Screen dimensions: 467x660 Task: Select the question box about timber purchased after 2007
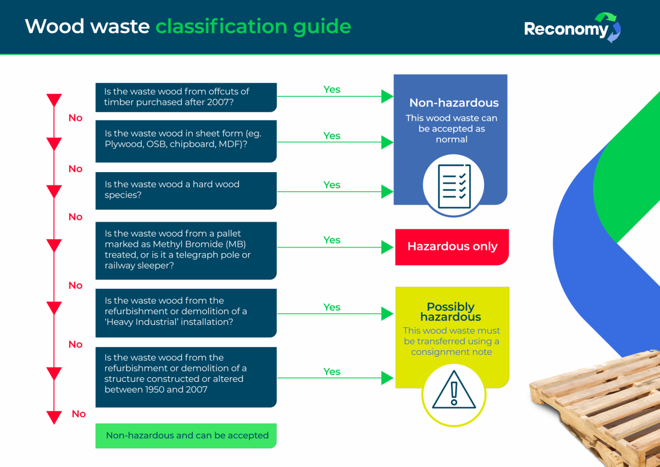186,97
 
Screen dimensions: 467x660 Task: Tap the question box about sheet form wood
186,141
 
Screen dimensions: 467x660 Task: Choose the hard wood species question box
186,190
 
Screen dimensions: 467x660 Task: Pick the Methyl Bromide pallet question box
186,250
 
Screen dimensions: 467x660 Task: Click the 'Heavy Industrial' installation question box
186,312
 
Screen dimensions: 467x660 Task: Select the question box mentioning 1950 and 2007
186,377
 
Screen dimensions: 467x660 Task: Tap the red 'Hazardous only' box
452,247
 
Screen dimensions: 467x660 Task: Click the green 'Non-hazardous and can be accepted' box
186,436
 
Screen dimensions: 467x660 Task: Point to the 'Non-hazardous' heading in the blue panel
454,103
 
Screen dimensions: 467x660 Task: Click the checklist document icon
454,186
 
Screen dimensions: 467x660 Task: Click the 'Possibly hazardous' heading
451,312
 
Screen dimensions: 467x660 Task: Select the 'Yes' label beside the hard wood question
332,185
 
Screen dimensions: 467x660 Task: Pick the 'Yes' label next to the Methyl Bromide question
332,240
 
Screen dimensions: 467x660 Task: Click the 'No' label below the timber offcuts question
75,118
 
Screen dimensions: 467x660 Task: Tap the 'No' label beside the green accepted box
79,414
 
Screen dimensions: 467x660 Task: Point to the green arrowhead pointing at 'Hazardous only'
388,247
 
